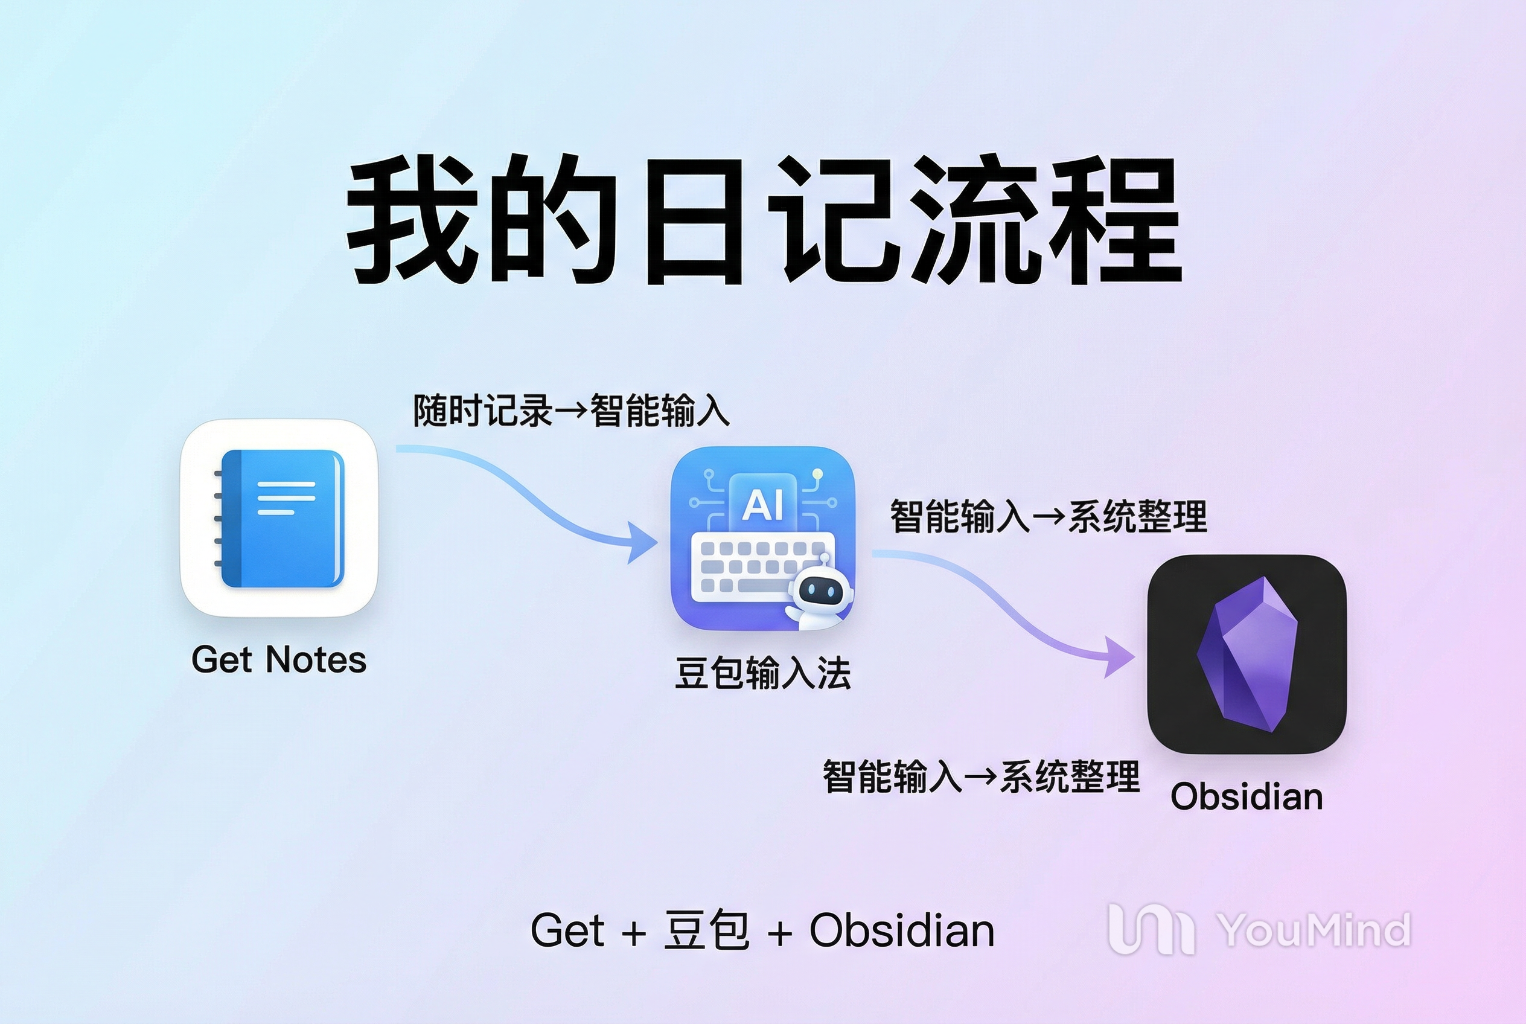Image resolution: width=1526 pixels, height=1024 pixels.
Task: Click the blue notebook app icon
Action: coord(279,518)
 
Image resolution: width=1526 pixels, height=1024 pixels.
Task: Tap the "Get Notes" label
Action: coord(279,659)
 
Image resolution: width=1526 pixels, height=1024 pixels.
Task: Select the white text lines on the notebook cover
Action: coord(286,498)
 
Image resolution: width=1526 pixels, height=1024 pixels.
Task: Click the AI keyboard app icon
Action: coord(762,538)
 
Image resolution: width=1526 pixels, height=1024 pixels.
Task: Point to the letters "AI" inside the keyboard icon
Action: coord(762,505)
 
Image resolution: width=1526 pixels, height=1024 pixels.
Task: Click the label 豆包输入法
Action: coord(762,673)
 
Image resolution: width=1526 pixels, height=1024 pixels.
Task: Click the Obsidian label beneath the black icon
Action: coord(1247,797)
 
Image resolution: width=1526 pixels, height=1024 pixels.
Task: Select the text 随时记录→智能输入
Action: coord(572,411)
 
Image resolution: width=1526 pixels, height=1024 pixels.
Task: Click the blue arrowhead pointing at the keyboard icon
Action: coord(642,542)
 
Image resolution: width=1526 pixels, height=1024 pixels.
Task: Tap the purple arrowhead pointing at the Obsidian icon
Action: coord(1119,656)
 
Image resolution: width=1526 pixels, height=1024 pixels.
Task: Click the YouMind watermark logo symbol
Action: coord(1151,929)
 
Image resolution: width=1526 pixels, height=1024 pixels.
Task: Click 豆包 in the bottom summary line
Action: coord(706,929)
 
